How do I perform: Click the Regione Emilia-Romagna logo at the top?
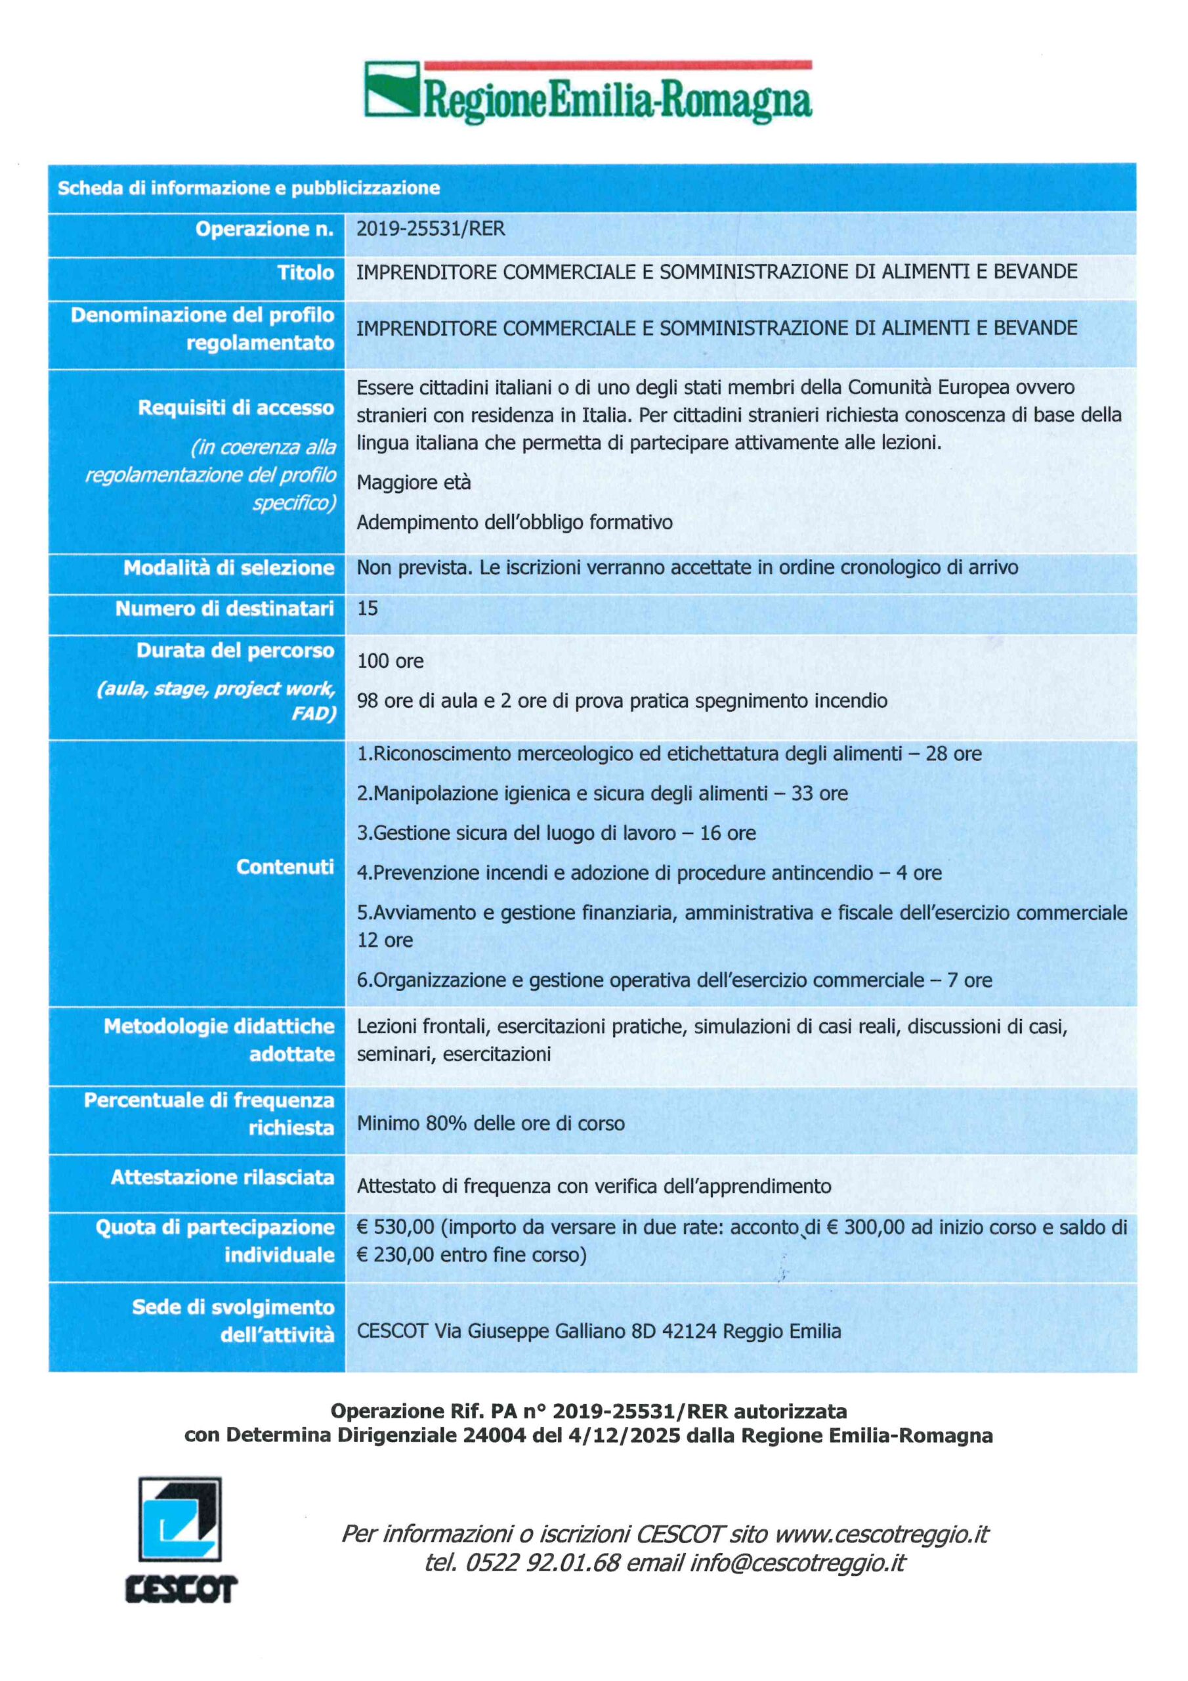588,92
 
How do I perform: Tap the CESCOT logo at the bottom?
180,1540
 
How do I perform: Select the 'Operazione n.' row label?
265,229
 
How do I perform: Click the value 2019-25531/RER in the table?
431,229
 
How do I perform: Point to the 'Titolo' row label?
305,273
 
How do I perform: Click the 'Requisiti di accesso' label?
236,407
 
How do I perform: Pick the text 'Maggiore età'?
414,483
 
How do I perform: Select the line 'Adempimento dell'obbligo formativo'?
515,522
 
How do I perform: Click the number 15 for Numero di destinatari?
368,609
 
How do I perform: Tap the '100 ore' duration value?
390,661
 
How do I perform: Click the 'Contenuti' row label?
285,867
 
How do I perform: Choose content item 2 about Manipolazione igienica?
602,794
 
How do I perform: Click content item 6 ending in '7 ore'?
674,980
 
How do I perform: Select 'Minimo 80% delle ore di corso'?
490,1123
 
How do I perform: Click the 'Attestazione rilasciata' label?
223,1177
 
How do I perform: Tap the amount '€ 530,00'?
395,1227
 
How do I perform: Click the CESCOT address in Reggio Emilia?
599,1331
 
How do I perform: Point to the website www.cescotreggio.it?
881,1534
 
